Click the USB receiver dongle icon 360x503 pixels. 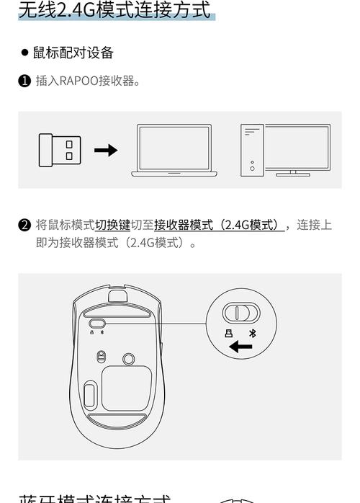click(60, 150)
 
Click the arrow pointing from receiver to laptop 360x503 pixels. click(106, 150)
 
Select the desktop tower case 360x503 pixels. click(251, 150)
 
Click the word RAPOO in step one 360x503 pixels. click(74, 81)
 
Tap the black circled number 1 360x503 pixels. click(24, 81)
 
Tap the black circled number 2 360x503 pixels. click(24, 226)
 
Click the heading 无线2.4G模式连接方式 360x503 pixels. click(115, 11)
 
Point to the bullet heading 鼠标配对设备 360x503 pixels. click(73, 53)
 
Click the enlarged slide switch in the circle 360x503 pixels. click(240, 313)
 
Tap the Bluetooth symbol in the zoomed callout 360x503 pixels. click(252, 333)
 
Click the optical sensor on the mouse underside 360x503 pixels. click(102, 356)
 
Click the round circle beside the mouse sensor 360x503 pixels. click(130, 357)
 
